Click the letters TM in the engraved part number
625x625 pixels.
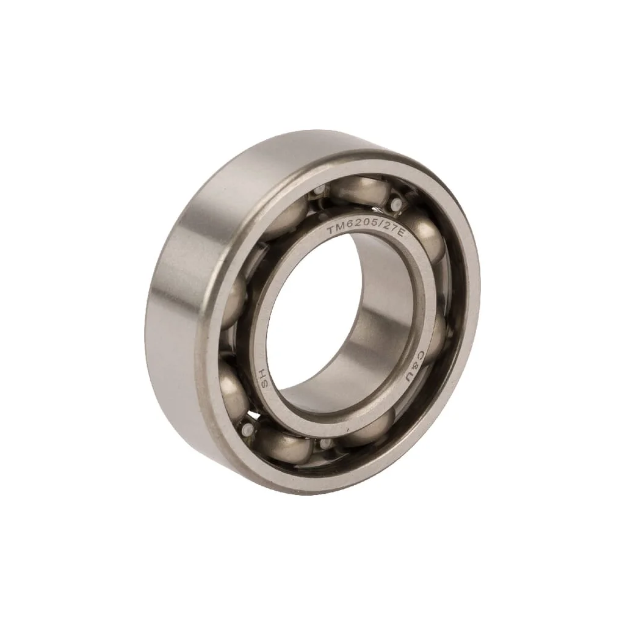point(334,231)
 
